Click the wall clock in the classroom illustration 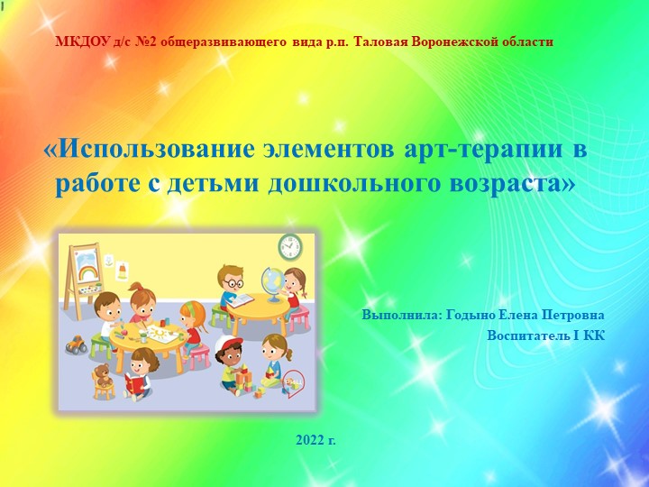pos(289,246)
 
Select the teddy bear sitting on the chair pos(103,379)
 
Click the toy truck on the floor pos(77,344)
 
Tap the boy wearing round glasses pos(233,282)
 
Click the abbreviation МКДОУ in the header pos(82,41)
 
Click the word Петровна pos(570,316)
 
